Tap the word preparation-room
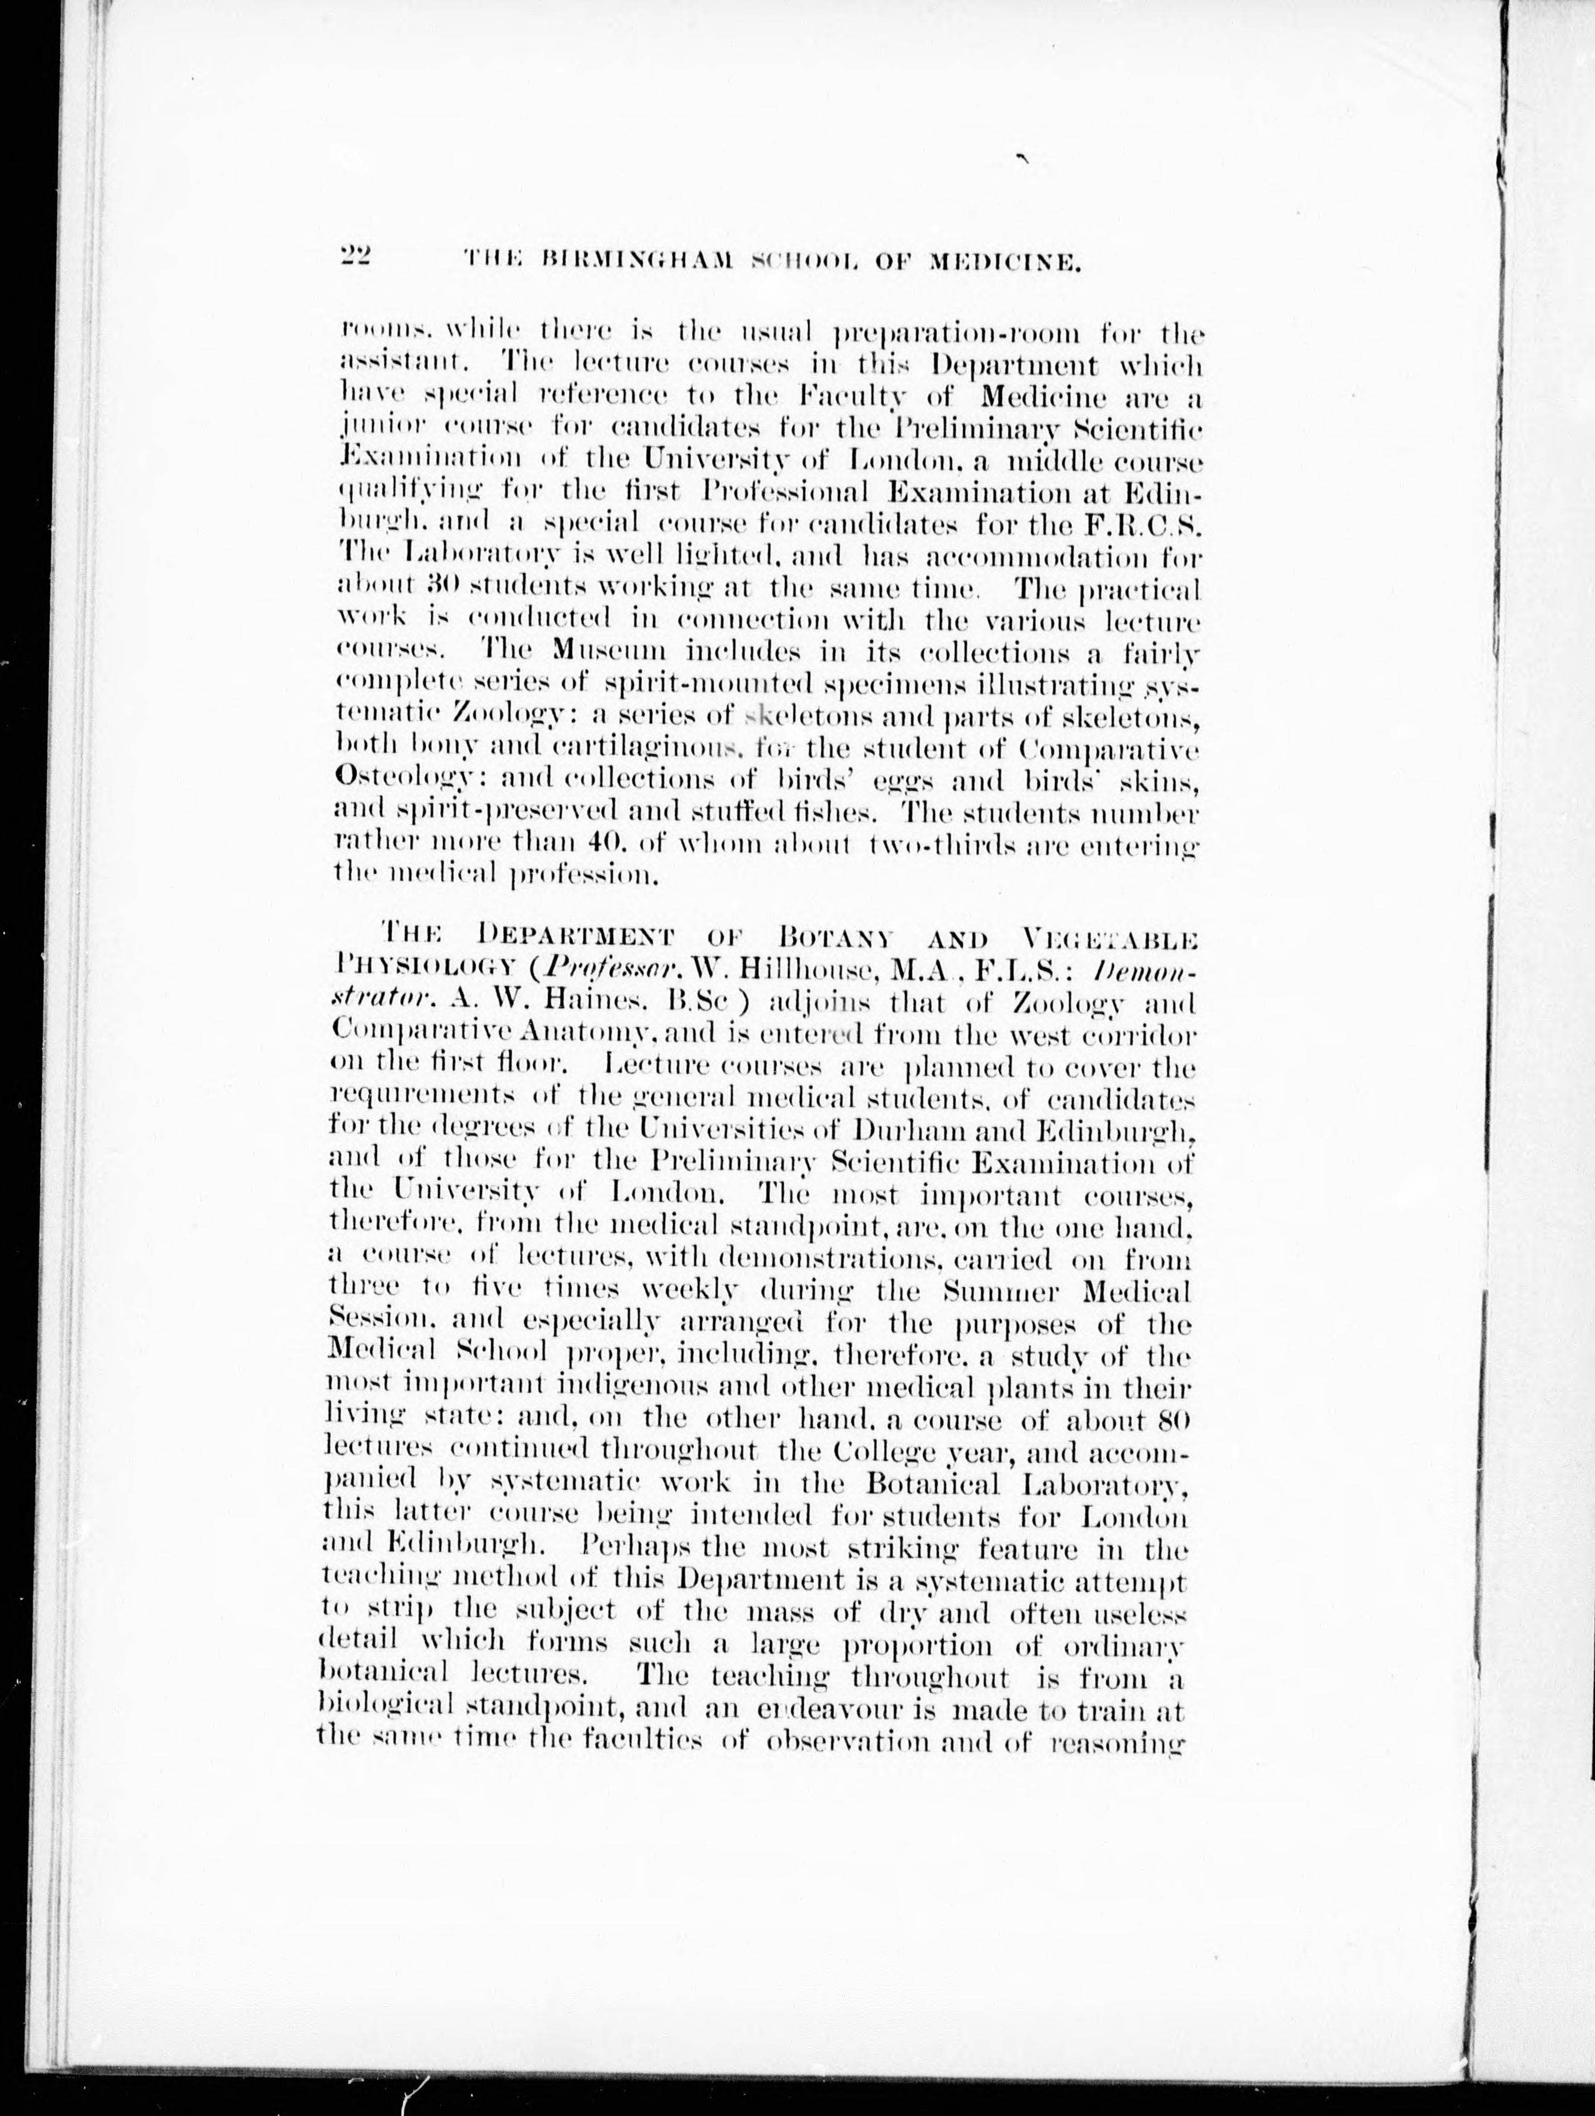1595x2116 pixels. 964,334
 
